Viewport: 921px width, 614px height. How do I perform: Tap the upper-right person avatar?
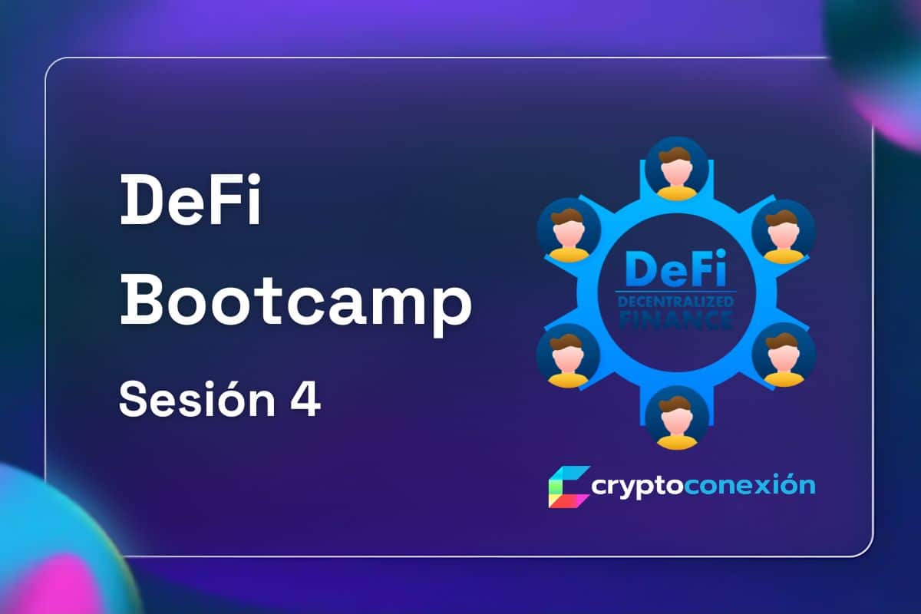(x=784, y=231)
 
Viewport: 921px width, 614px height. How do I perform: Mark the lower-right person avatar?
(x=784, y=356)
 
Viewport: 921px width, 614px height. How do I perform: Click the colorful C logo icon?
(x=569, y=487)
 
